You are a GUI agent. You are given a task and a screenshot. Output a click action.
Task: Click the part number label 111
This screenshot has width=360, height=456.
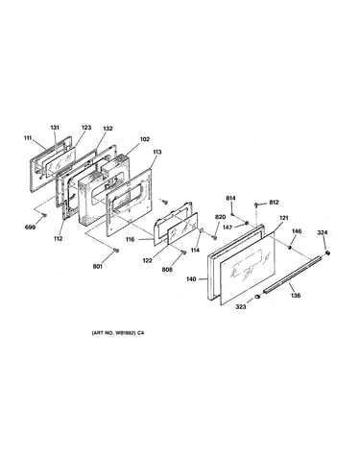[x=28, y=138]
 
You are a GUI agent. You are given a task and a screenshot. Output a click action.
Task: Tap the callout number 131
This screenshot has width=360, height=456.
[x=55, y=128]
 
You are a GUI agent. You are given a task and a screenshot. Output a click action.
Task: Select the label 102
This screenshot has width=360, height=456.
[x=145, y=139]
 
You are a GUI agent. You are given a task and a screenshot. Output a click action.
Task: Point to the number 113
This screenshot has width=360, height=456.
[x=157, y=152]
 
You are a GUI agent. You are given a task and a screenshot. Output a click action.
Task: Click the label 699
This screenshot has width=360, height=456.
[x=30, y=228]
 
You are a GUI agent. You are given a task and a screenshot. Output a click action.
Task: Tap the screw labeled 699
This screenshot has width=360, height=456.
[x=44, y=215]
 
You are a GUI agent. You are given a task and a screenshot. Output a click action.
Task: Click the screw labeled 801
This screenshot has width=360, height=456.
[x=117, y=251]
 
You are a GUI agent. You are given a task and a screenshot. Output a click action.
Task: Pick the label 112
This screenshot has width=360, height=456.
[x=59, y=238]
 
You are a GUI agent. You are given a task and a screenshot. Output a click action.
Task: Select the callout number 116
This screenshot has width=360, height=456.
[x=130, y=239]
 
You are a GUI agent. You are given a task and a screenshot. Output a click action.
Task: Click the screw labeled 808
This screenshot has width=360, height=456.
[x=183, y=252]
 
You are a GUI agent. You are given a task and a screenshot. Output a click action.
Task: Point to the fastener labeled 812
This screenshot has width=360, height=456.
[x=256, y=204]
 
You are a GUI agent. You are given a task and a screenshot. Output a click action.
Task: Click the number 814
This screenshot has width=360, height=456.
[x=230, y=199]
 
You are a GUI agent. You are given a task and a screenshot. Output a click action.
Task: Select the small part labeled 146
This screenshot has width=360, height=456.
[x=289, y=247]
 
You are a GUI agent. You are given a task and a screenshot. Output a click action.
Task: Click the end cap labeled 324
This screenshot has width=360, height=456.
[x=327, y=253]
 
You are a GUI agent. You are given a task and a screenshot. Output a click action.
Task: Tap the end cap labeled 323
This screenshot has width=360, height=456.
[x=257, y=298]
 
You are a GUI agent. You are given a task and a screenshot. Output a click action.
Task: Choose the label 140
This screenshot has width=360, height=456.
[x=191, y=279]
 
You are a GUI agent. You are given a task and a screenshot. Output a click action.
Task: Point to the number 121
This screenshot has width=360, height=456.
[x=284, y=218]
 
